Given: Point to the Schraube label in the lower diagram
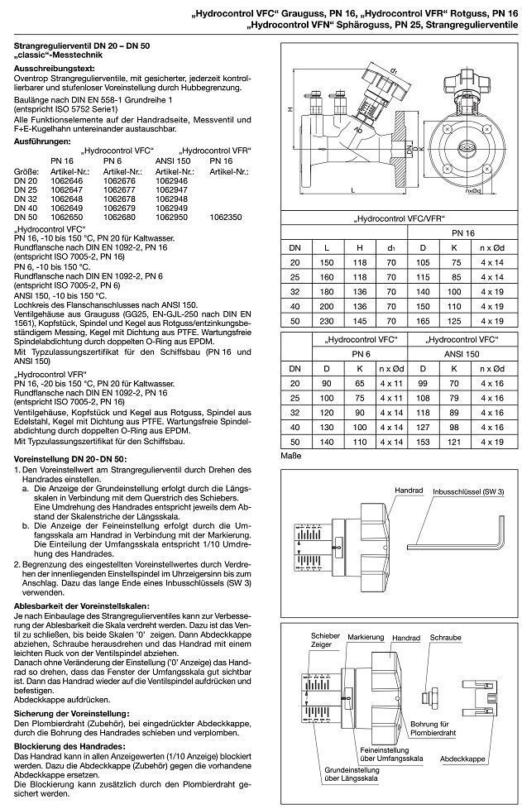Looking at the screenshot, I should [x=445, y=638].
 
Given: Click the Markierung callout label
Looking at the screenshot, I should [x=365, y=638].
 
